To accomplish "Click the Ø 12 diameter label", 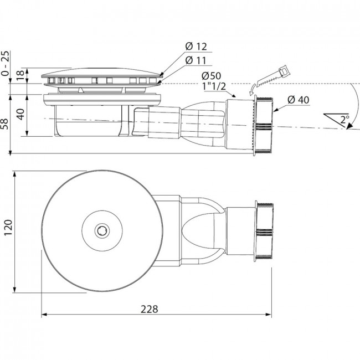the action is coord(196,47).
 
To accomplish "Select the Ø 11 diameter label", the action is coord(196,60).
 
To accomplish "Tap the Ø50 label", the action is coord(211,76).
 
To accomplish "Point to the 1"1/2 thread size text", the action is coord(214,86).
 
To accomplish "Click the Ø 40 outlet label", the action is coord(298,100).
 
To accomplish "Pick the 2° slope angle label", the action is coord(344,120).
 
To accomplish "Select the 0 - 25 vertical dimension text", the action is coord(6,63).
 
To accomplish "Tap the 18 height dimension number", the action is coord(20,75).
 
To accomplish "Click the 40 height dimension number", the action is coord(20,114).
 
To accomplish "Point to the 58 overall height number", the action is coord(6,124).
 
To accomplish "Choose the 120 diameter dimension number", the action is coord(8,227).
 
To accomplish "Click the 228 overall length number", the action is coord(149,309).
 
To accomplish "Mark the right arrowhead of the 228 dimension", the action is coord(269,315).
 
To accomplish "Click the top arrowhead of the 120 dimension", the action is coord(15,174).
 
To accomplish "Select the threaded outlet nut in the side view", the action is coord(264,125).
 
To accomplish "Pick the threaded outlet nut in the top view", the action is coord(264,231).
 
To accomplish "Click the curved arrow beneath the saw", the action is coord(252,89).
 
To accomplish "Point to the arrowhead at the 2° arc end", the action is coord(349,126).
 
